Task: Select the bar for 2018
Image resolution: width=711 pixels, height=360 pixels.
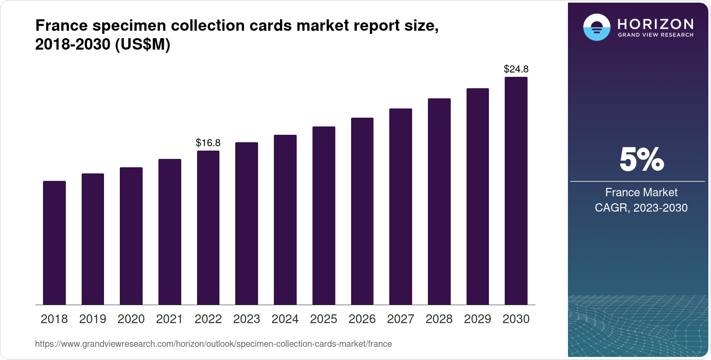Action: click(x=54, y=243)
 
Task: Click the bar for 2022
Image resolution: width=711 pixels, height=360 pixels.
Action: click(x=208, y=227)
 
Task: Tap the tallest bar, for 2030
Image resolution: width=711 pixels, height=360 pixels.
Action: click(x=516, y=191)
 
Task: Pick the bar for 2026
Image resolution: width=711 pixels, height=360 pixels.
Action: click(x=362, y=211)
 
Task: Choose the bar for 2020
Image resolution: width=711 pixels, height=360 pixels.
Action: click(x=131, y=236)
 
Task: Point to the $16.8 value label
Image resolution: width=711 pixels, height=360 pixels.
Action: click(x=208, y=143)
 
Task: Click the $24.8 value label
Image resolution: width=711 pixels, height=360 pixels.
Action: click(x=516, y=69)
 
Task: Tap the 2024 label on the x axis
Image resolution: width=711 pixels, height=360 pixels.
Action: click(x=285, y=319)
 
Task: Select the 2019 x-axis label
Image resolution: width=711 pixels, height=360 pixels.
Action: click(x=93, y=319)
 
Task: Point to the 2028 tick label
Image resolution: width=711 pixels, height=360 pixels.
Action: click(x=439, y=319)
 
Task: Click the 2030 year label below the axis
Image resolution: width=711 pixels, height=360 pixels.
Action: click(x=516, y=319)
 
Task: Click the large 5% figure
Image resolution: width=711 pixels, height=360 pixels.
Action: click(x=641, y=159)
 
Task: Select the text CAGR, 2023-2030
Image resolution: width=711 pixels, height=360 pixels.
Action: click(x=641, y=208)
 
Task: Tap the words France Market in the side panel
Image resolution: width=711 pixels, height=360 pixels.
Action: click(x=641, y=192)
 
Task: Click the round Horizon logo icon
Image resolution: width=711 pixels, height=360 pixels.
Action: click(x=596, y=27)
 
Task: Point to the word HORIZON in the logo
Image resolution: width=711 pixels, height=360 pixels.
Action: click(x=656, y=24)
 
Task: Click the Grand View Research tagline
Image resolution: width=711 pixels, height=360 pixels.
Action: click(x=656, y=35)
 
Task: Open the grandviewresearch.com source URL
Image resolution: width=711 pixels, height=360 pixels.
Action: click(x=213, y=344)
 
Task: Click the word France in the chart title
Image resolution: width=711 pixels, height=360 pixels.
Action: click(x=61, y=25)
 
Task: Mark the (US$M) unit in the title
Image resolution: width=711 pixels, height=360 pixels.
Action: click(x=142, y=44)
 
